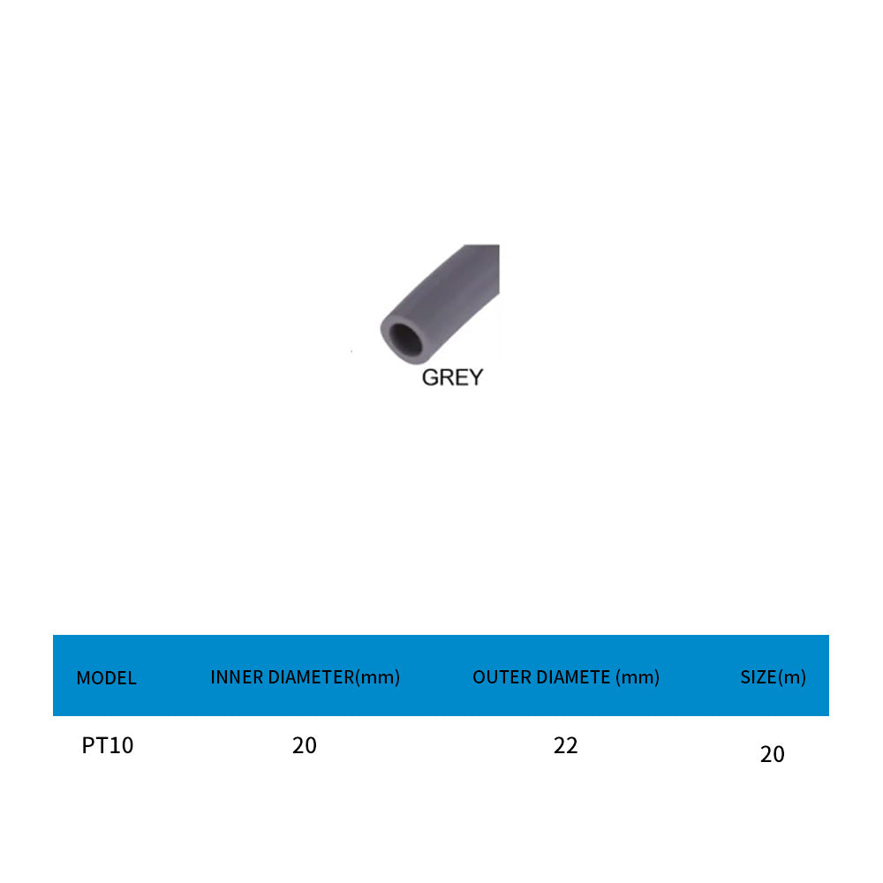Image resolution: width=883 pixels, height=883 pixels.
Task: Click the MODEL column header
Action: tap(106, 678)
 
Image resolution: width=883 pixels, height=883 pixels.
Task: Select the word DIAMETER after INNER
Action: tap(310, 677)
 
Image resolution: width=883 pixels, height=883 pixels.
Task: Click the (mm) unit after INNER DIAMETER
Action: tap(377, 677)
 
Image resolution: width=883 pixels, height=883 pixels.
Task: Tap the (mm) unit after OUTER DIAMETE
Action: tap(638, 677)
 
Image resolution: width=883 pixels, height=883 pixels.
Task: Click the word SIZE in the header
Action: tap(758, 677)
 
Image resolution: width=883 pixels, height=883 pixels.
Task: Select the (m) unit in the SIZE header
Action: tap(792, 677)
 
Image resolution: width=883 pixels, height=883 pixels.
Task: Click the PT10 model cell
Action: tap(108, 746)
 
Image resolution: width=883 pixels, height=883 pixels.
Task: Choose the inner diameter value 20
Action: tap(304, 746)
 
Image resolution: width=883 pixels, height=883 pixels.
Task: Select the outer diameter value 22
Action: tap(565, 746)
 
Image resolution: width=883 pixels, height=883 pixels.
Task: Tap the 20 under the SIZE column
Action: tap(772, 755)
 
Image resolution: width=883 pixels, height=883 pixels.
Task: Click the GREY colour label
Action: tap(452, 378)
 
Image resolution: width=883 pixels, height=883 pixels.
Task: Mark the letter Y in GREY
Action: tap(475, 378)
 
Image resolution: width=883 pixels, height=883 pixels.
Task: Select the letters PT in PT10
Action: tap(95, 746)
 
